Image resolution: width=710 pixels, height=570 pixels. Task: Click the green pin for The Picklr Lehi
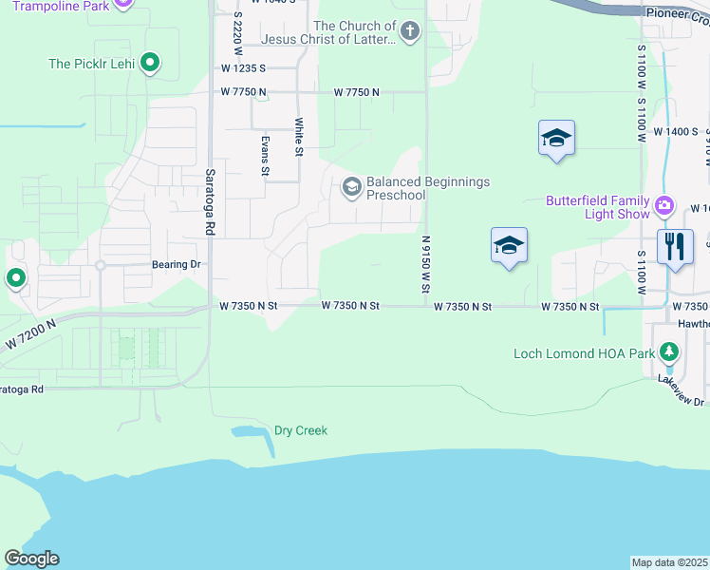pyautogui.click(x=149, y=64)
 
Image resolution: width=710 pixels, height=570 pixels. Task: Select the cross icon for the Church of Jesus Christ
pyautogui.click(x=409, y=32)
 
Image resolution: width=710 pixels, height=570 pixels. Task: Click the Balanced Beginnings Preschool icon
pyautogui.click(x=351, y=187)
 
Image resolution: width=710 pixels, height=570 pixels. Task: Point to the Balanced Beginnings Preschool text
pyautogui.click(x=428, y=188)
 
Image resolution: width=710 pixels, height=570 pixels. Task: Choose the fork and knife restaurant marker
pyautogui.click(x=675, y=246)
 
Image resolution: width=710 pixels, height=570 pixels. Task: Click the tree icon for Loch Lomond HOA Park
pyautogui.click(x=669, y=352)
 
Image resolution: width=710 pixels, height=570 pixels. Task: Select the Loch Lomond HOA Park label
pyautogui.click(x=583, y=353)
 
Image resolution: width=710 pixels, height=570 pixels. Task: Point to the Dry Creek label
pyautogui.click(x=300, y=430)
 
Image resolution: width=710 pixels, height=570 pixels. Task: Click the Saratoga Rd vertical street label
pyautogui.click(x=211, y=202)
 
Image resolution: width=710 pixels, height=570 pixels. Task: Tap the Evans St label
pyautogui.click(x=265, y=155)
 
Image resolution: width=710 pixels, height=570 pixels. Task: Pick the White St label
pyautogui.click(x=299, y=137)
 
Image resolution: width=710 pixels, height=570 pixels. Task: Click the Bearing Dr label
pyautogui.click(x=177, y=265)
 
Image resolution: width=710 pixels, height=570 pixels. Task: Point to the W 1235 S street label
pyautogui.click(x=243, y=69)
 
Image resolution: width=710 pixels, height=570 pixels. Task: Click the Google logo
pyautogui.click(x=31, y=559)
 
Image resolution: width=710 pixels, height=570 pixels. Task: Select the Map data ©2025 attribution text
pyautogui.click(x=669, y=562)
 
